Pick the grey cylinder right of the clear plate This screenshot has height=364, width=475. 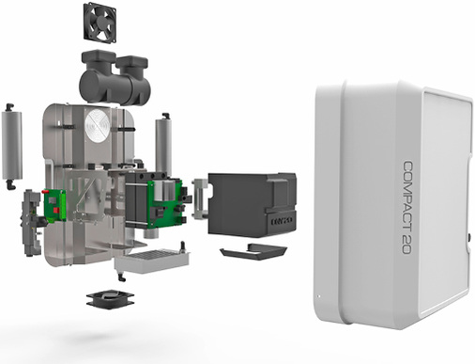(162, 146)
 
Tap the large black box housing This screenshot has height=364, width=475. (247, 201)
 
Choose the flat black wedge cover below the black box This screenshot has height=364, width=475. (253, 250)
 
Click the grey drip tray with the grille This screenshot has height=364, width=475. (152, 260)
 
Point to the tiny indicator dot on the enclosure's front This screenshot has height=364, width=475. (319, 302)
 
